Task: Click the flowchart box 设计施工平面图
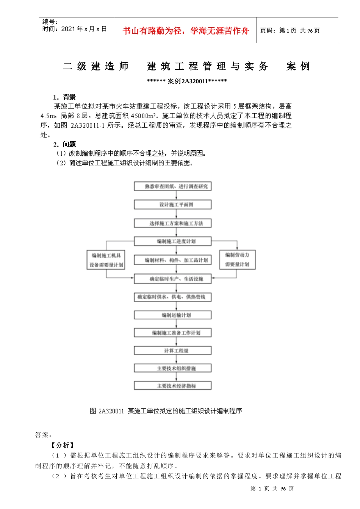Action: pos(172,205)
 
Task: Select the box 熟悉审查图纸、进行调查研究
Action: pos(172,186)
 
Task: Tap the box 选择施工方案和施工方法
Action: pos(172,223)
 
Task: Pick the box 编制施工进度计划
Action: pos(172,241)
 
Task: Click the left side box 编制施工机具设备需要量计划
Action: pos(106,260)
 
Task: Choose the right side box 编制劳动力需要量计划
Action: pos(237,259)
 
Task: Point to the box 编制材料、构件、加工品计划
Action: pos(172,260)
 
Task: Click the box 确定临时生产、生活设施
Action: pos(172,279)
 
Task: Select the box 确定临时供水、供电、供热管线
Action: pos(172,297)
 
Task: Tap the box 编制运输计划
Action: pos(172,315)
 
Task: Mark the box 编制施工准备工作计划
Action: pos(172,333)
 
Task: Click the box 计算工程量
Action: pos(172,350)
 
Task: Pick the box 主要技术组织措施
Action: pos(172,368)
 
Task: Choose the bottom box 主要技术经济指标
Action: pos(172,386)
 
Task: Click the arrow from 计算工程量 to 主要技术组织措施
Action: pos(176,359)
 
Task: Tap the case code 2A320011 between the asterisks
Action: pos(194,81)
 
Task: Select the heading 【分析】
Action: pos(63,445)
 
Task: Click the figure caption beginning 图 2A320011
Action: pos(166,411)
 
